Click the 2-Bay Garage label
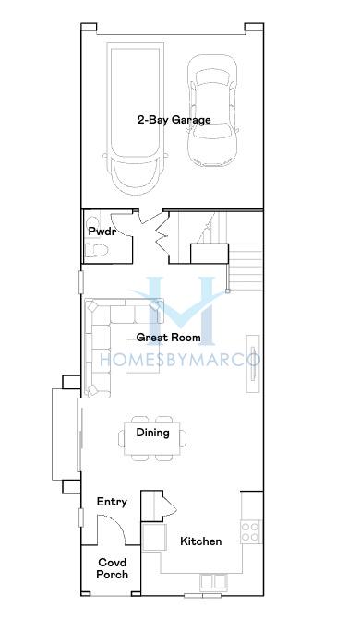pos(174,120)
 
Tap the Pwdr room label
pos(101,232)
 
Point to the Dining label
pos(152,433)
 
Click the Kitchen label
pos(200,541)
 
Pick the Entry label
pos(112,502)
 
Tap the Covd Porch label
pos(113,568)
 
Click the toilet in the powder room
pos(97,249)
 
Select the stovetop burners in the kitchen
pos(250,531)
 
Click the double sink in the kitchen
pos(213,581)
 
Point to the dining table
pos(152,438)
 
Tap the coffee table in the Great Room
pos(142,356)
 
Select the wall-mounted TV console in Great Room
pos(253,363)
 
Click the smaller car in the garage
pos(212,111)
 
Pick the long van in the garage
pos(136,119)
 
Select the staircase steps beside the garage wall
pos(245,267)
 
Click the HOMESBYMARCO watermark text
pos(180,360)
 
